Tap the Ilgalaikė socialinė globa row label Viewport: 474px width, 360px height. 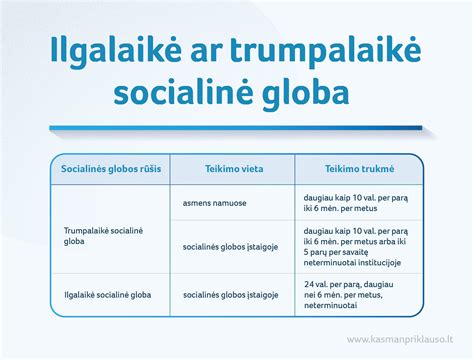111,296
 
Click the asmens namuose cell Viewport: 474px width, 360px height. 215,202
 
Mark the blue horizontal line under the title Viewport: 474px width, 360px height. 237,127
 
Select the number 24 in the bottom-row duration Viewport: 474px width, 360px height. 308,285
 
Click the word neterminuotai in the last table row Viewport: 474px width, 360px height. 332,308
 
